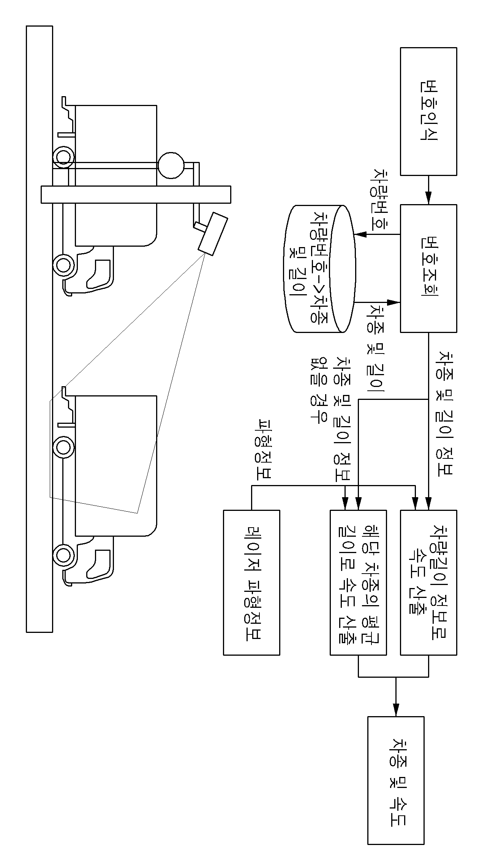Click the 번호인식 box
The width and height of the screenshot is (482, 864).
click(x=429, y=111)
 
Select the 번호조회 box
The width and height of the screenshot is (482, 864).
click(x=429, y=268)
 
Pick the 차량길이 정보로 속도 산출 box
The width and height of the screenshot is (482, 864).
click(x=429, y=582)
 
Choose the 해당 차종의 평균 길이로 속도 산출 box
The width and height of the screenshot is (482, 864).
click(x=358, y=582)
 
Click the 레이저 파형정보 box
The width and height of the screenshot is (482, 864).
click(x=251, y=582)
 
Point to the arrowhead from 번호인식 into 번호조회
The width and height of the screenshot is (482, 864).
click(x=429, y=199)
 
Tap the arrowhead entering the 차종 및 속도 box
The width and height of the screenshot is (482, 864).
click(x=396, y=711)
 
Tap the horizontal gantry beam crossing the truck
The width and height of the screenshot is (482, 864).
click(x=136, y=194)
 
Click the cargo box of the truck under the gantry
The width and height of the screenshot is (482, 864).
click(x=116, y=176)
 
